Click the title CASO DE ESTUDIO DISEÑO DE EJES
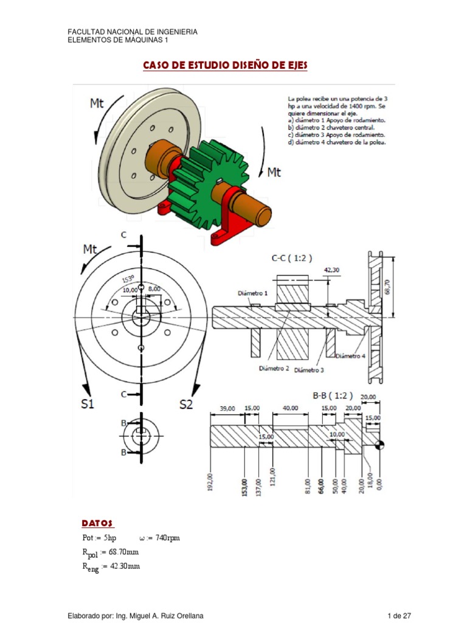pos(225,65)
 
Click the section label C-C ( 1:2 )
pos(292,257)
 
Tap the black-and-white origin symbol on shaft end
pos(381,445)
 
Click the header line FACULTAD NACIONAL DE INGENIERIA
pos(132,32)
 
